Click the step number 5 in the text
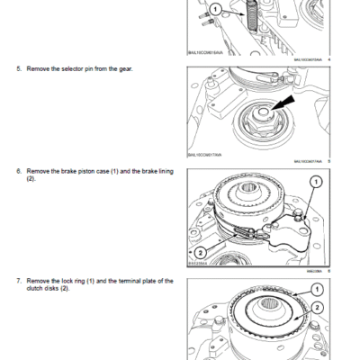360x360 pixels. [18, 68]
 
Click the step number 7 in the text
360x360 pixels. [18, 282]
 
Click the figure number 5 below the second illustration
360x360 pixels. [328, 162]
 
